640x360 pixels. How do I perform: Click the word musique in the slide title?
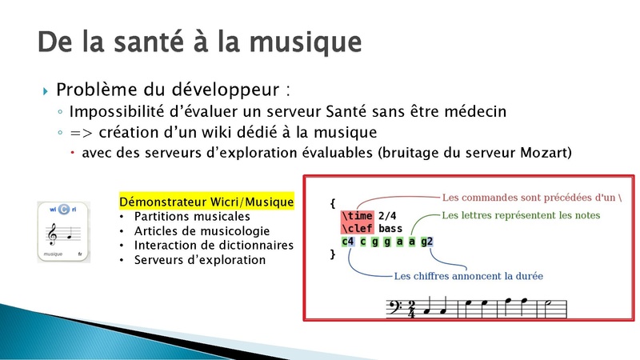(306, 43)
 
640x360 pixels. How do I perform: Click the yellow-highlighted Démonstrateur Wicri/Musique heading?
(206, 202)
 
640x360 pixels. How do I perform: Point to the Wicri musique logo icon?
(64, 232)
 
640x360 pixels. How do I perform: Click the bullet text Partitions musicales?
(192, 216)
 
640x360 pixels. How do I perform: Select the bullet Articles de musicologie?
(202, 231)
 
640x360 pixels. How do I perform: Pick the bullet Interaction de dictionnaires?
(214, 246)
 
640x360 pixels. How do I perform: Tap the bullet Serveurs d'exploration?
(199, 260)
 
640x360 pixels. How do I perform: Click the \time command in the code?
(357, 215)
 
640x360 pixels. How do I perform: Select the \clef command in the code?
(357, 228)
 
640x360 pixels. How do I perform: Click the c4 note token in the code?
(348, 242)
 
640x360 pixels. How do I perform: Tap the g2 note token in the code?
(426, 242)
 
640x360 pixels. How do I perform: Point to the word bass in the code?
(390, 228)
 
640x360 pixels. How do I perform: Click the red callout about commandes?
(532, 198)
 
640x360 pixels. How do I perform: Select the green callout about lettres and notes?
(521, 215)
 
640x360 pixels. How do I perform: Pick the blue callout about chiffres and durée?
(469, 276)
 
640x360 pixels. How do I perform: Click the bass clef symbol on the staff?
(395, 307)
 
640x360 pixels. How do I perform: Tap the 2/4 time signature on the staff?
(411, 309)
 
